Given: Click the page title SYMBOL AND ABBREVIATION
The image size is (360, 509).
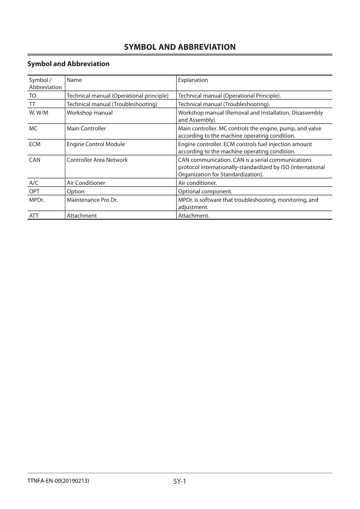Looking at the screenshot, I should (x=180, y=47).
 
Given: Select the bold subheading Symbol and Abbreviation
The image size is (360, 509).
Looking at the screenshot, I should (x=68, y=64).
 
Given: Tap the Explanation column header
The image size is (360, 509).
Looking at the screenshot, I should (x=193, y=80).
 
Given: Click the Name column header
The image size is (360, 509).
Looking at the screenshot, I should (x=74, y=80).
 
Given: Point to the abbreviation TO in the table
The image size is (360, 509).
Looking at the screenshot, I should (x=32, y=96).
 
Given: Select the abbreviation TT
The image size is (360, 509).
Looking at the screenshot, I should (x=32, y=104).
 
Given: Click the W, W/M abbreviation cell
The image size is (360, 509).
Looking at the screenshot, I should (x=39, y=113).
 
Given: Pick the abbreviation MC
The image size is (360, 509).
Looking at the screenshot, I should (x=33, y=128).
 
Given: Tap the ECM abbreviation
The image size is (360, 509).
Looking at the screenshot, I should (x=35, y=144).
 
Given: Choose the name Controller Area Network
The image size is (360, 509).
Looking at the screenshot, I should (x=97, y=160).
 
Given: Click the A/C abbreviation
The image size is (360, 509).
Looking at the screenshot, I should (x=34, y=183).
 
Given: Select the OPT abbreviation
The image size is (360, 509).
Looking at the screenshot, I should (x=34, y=192).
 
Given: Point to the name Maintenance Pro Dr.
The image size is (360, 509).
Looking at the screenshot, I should (x=92, y=200).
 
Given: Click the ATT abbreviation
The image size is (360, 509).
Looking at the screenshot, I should (x=34, y=216).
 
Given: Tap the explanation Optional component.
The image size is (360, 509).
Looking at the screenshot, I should (x=205, y=192).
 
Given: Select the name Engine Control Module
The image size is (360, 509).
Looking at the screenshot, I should (x=96, y=144).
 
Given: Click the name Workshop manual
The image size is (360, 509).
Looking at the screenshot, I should (x=90, y=113).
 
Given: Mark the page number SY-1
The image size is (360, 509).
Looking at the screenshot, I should (x=180, y=481).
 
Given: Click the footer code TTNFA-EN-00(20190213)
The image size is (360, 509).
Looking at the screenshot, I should (x=58, y=481).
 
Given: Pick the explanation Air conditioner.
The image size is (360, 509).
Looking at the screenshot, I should (x=197, y=183).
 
